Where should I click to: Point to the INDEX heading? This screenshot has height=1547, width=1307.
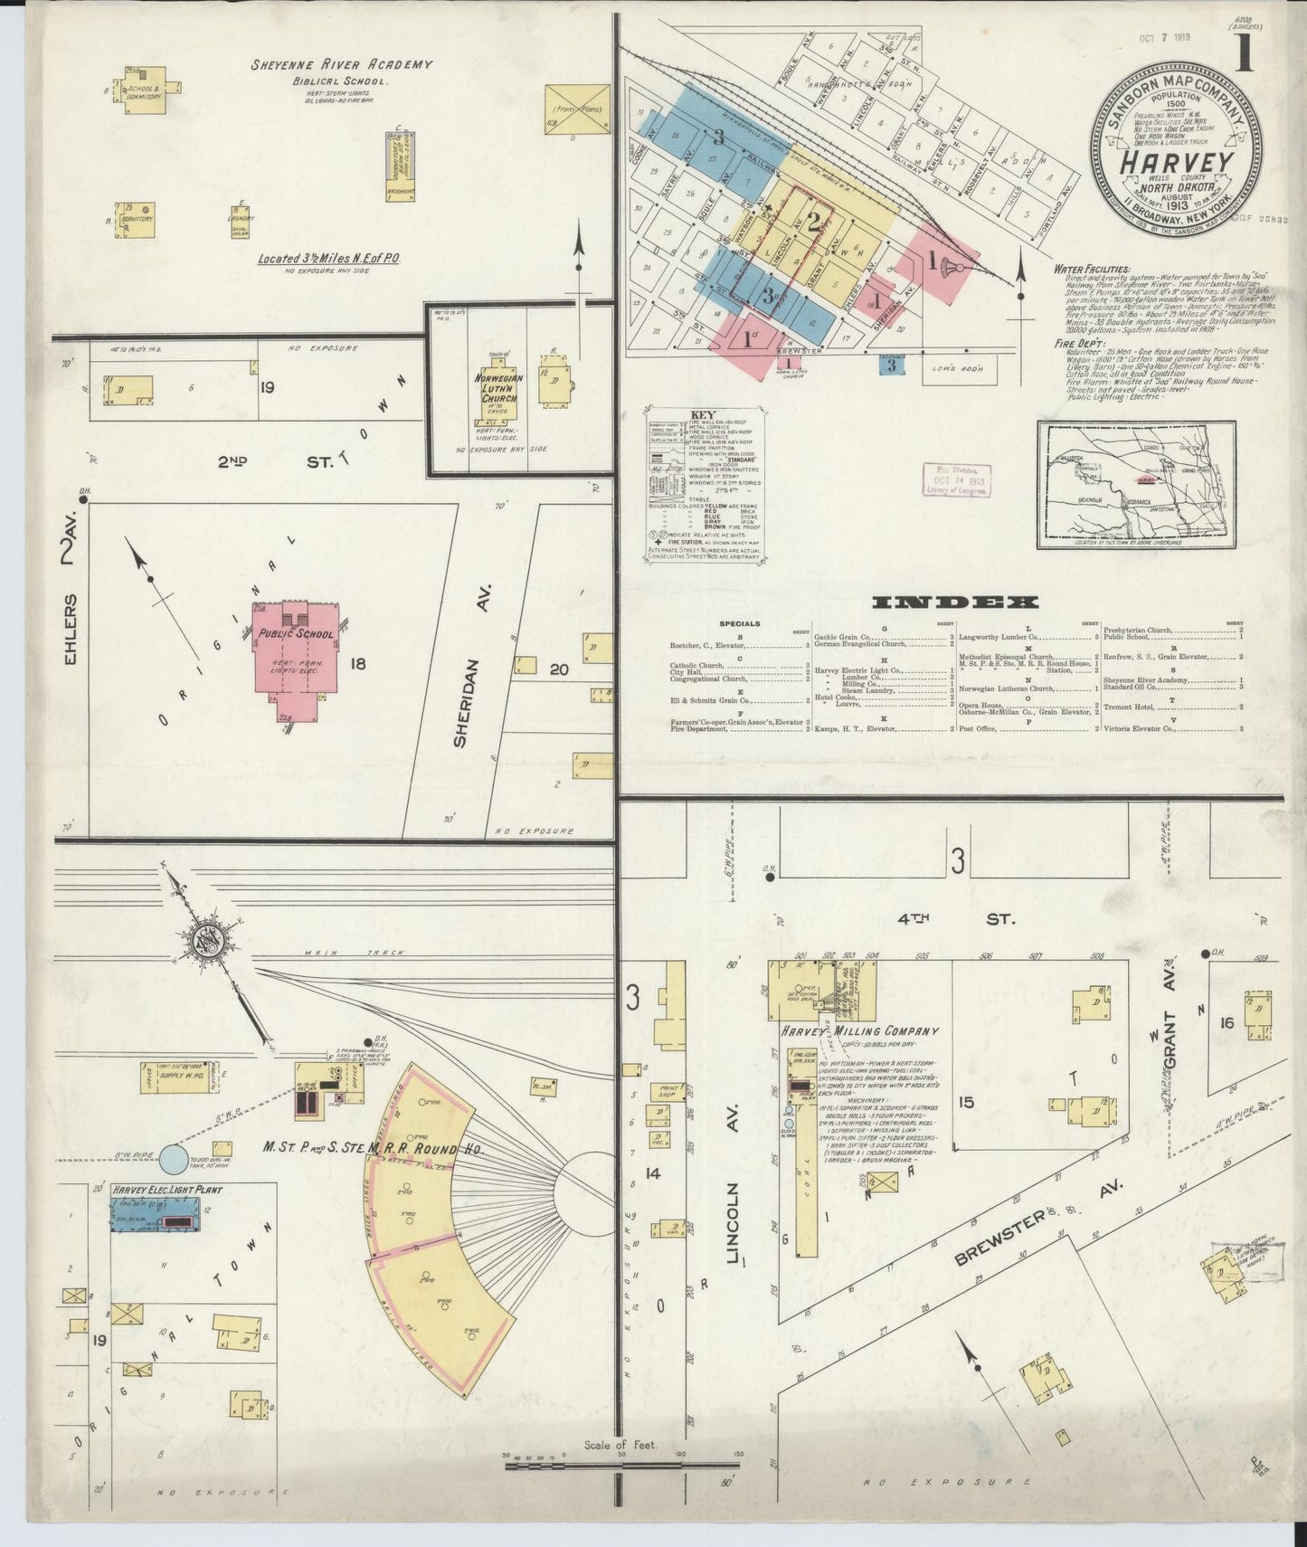pos(955,603)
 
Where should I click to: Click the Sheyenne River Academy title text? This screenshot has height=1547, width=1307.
pos(341,65)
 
